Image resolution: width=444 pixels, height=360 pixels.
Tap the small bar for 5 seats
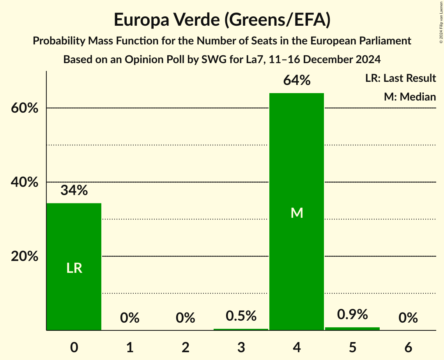[x=352, y=328]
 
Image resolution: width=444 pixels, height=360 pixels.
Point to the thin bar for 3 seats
[x=241, y=329]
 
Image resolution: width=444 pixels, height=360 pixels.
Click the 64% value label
[x=297, y=81]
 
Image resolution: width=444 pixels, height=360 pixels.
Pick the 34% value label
[x=74, y=191]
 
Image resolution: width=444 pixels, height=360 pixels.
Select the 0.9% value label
[x=352, y=314]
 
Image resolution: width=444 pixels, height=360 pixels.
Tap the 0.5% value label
[x=241, y=316]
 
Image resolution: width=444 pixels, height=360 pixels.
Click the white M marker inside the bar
[x=297, y=213]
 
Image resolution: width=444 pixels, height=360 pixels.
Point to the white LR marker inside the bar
[x=74, y=268]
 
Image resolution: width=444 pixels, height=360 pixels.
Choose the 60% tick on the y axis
[x=24, y=108]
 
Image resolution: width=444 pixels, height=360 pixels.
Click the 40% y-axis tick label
[x=24, y=182]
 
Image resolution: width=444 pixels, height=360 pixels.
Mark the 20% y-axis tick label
[x=24, y=257]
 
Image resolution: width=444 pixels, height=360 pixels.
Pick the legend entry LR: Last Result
[x=400, y=78]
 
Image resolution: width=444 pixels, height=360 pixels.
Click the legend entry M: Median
[x=410, y=97]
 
